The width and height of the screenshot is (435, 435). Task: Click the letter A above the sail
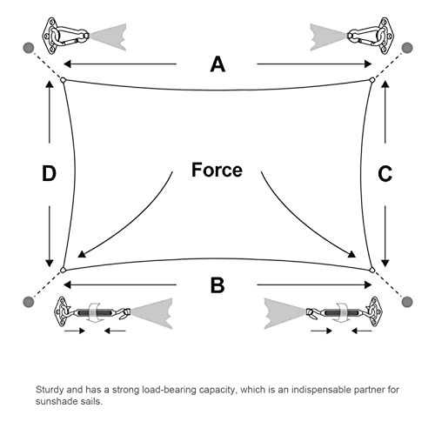coord(217,64)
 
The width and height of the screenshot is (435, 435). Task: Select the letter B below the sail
coord(217,285)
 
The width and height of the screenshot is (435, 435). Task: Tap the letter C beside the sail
coord(385,174)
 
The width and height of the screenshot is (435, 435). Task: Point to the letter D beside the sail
coord(49,174)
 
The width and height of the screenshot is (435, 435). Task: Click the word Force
coord(217,170)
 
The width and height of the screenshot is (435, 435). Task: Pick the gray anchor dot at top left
coord(29,48)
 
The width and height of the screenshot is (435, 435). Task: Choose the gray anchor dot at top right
coord(407,48)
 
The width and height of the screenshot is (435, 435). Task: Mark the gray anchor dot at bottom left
coord(29,302)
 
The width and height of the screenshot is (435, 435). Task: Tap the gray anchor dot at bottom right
coord(407,302)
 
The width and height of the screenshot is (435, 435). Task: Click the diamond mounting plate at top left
coord(50,36)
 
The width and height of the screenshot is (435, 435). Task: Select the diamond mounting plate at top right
coord(385,36)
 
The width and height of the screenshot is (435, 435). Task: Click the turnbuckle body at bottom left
coord(95,312)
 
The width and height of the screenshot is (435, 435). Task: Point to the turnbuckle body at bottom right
coord(342,312)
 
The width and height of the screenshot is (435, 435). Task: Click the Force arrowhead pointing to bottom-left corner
coord(82,254)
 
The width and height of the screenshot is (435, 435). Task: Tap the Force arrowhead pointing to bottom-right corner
coord(351,254)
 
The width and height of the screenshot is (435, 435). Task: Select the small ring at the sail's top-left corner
coord(63,80)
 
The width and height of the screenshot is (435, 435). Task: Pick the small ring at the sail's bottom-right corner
coord(372,271)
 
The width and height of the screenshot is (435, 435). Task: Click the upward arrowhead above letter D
coord(50,84)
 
